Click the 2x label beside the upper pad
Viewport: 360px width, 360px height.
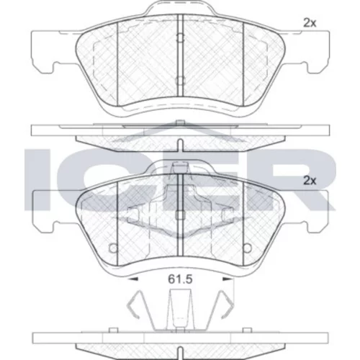coord(310,23)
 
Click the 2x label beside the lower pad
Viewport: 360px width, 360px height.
coord(310,181)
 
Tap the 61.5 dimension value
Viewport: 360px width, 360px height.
coord(180,279)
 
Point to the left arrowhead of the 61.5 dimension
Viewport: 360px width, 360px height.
coord(133,279)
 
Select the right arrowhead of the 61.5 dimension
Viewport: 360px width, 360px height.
coord(228,279)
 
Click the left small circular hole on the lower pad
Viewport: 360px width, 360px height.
coord(113,248)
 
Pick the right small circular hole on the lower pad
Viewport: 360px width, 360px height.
coord(247,248)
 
